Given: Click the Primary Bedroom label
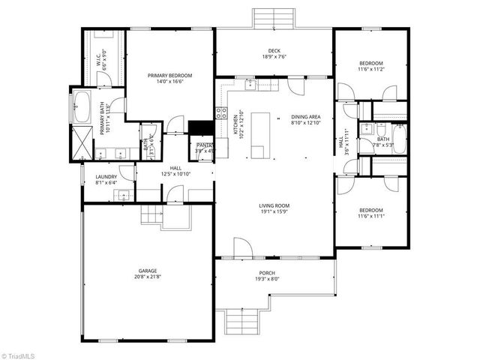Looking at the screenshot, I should [169, 76].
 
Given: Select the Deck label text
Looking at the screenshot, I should [274, 49].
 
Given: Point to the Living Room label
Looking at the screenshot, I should [274, 205].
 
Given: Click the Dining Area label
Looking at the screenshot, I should [305, 117].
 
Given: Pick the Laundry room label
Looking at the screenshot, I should [106, 177].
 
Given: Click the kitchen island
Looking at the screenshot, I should [259, 135].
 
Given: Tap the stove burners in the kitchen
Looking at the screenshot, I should [222, 113].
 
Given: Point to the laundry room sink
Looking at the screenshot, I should [122, 196].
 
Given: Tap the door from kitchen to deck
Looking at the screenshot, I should [298, 85].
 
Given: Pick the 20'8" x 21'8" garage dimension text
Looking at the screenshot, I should [147, 277].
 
